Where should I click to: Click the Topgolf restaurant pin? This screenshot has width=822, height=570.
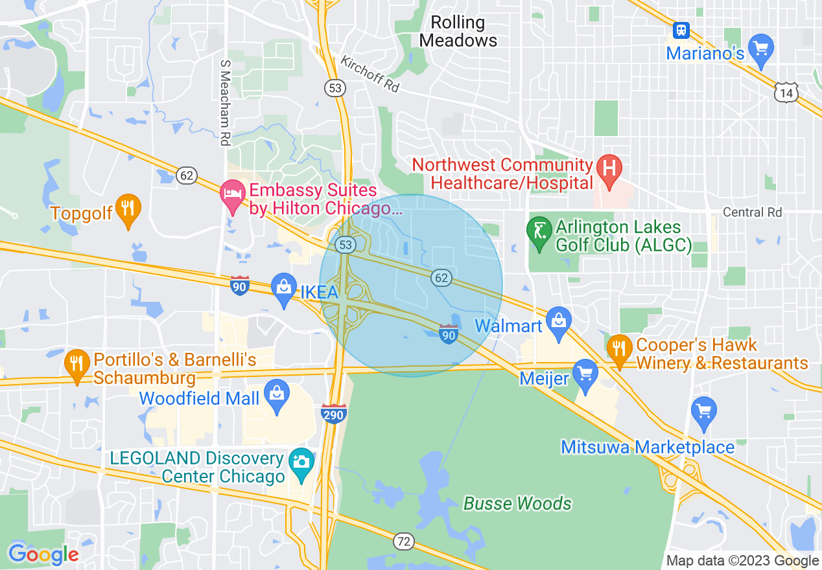click(128, 209)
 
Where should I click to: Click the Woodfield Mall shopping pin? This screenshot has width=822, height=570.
click(277, 396)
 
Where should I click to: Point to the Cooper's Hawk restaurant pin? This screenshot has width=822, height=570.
click(620, 349)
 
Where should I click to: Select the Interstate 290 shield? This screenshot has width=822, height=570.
click(333, 413)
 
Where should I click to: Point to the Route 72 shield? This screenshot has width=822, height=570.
click(404, 541)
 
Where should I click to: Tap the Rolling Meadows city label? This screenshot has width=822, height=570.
click(458, 31)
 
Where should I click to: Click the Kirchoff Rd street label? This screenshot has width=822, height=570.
click(370, 74)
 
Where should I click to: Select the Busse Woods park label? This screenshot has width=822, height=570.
click(517, 503)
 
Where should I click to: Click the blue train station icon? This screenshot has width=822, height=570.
click(681, 30)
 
